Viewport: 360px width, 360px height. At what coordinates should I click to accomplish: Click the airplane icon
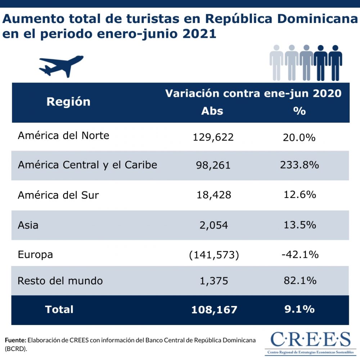(61, 66)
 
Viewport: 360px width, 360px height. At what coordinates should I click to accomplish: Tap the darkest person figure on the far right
(335, 63)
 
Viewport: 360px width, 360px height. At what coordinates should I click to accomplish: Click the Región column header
(68, 102)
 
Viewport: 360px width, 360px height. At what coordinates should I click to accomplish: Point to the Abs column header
(212, 111)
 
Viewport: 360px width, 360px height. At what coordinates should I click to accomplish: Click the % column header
(299, 111)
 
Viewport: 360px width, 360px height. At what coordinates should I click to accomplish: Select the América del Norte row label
(63, 136)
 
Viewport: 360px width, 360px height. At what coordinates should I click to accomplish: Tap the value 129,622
(213, 137)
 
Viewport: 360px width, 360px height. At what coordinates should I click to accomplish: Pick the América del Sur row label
(58, 195)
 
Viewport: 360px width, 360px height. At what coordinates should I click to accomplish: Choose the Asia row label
(28, 225)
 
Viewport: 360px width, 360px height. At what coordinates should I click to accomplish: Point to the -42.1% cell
(300, 255)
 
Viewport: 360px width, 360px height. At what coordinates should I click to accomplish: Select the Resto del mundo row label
(60, 281)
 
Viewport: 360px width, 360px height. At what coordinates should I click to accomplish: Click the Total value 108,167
(214, 310)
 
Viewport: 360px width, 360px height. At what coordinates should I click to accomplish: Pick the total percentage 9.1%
(299, 309)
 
